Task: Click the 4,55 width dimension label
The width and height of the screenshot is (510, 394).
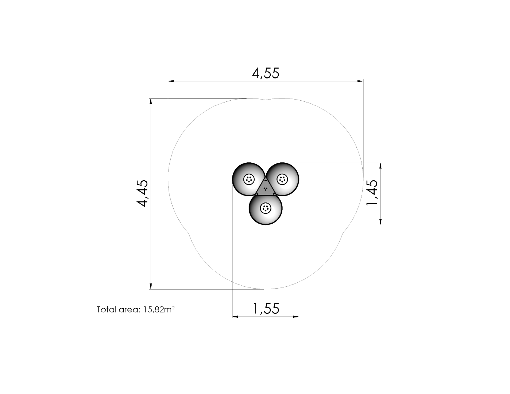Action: [x=266, y=73]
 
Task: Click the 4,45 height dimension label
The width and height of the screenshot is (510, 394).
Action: [x=143, y=193]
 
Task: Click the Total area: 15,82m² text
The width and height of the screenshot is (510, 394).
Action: [x=136, y=309]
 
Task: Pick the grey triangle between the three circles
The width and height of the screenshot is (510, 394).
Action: [x=266, y=188]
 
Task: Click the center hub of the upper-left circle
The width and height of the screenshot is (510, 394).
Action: [x=249, y=179]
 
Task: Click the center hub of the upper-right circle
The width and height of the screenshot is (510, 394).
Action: [x=282, y=179]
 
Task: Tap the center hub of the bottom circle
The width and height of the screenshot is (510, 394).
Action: [x=266, y=208]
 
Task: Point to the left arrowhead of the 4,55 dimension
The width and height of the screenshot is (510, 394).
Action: [x=171, y=81]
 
